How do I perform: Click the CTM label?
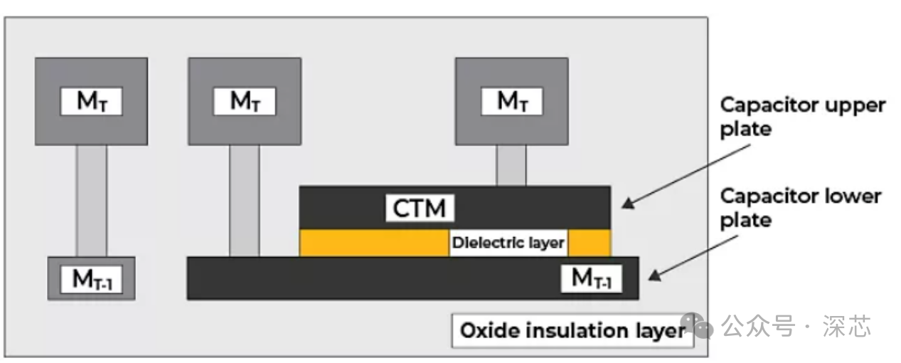(x=420, y=208)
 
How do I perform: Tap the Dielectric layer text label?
(x=508, y=243)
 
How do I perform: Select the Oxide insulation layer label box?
(x=572, y=331)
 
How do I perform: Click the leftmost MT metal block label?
(x=91, y=101)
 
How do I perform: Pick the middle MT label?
(x=245, y=101)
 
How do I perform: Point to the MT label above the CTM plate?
(x=512, y=101)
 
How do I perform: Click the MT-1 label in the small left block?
(x=91, y=279)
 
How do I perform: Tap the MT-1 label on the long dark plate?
(x=591, y=278)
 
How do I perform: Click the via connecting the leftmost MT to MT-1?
(x=91, y=201)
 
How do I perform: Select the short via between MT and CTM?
(x=511, y=165)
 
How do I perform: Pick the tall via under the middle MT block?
(x=245, y=201)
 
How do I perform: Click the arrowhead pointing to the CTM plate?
(x=629, y=203)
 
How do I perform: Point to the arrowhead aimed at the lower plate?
(x=655, y=275)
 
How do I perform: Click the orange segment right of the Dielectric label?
(x=590, y=243)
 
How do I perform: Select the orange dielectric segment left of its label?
(x=374, y=243)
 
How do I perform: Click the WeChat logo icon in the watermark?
(x=697, y=325)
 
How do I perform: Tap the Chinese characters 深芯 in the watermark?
(x=846, y=326)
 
